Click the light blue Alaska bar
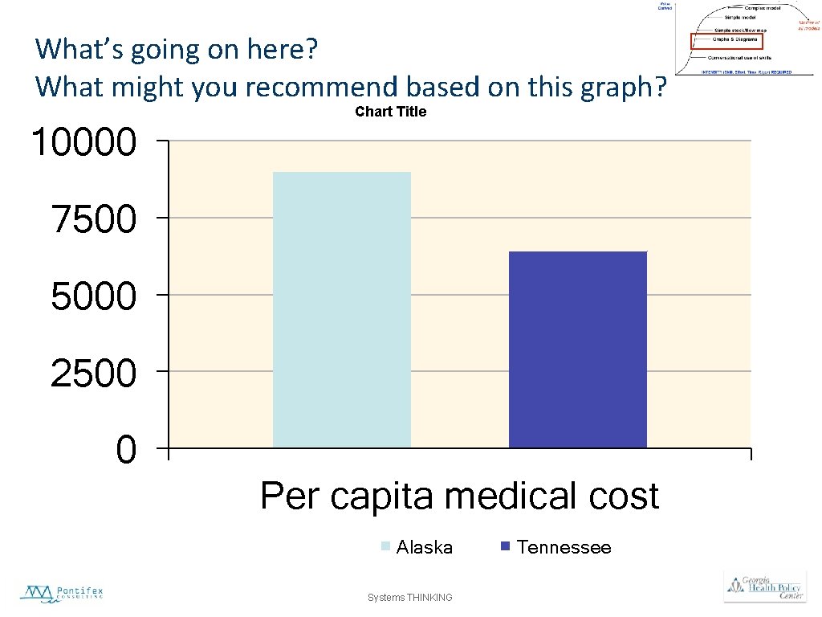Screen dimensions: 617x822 [x=342, y=309]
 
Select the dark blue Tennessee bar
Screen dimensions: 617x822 [x=578, y=349]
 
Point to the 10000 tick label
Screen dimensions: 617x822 [x=83, y=144]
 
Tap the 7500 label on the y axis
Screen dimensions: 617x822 [x=93, y=219]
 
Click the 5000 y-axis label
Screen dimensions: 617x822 [x=93, y=296]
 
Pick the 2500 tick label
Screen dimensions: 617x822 [x=93, y=374]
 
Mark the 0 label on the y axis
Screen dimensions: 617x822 [x=126, y=451]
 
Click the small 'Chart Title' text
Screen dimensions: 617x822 [x=390, y=112]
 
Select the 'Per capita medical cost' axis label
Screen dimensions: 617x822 [x=459, y=496]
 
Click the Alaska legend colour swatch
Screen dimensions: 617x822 [x=385, y=547]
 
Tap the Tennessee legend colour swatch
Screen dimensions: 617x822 [x=506, y=547]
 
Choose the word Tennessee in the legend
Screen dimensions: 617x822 [x=564, y=548]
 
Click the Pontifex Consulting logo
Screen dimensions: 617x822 [x=62, y=594]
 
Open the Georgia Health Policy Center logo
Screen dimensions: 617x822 [x=764, y=587]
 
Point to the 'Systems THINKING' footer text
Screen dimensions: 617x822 [x=409, y=598]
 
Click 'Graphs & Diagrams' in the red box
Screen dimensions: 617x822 [x=735, y=39]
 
